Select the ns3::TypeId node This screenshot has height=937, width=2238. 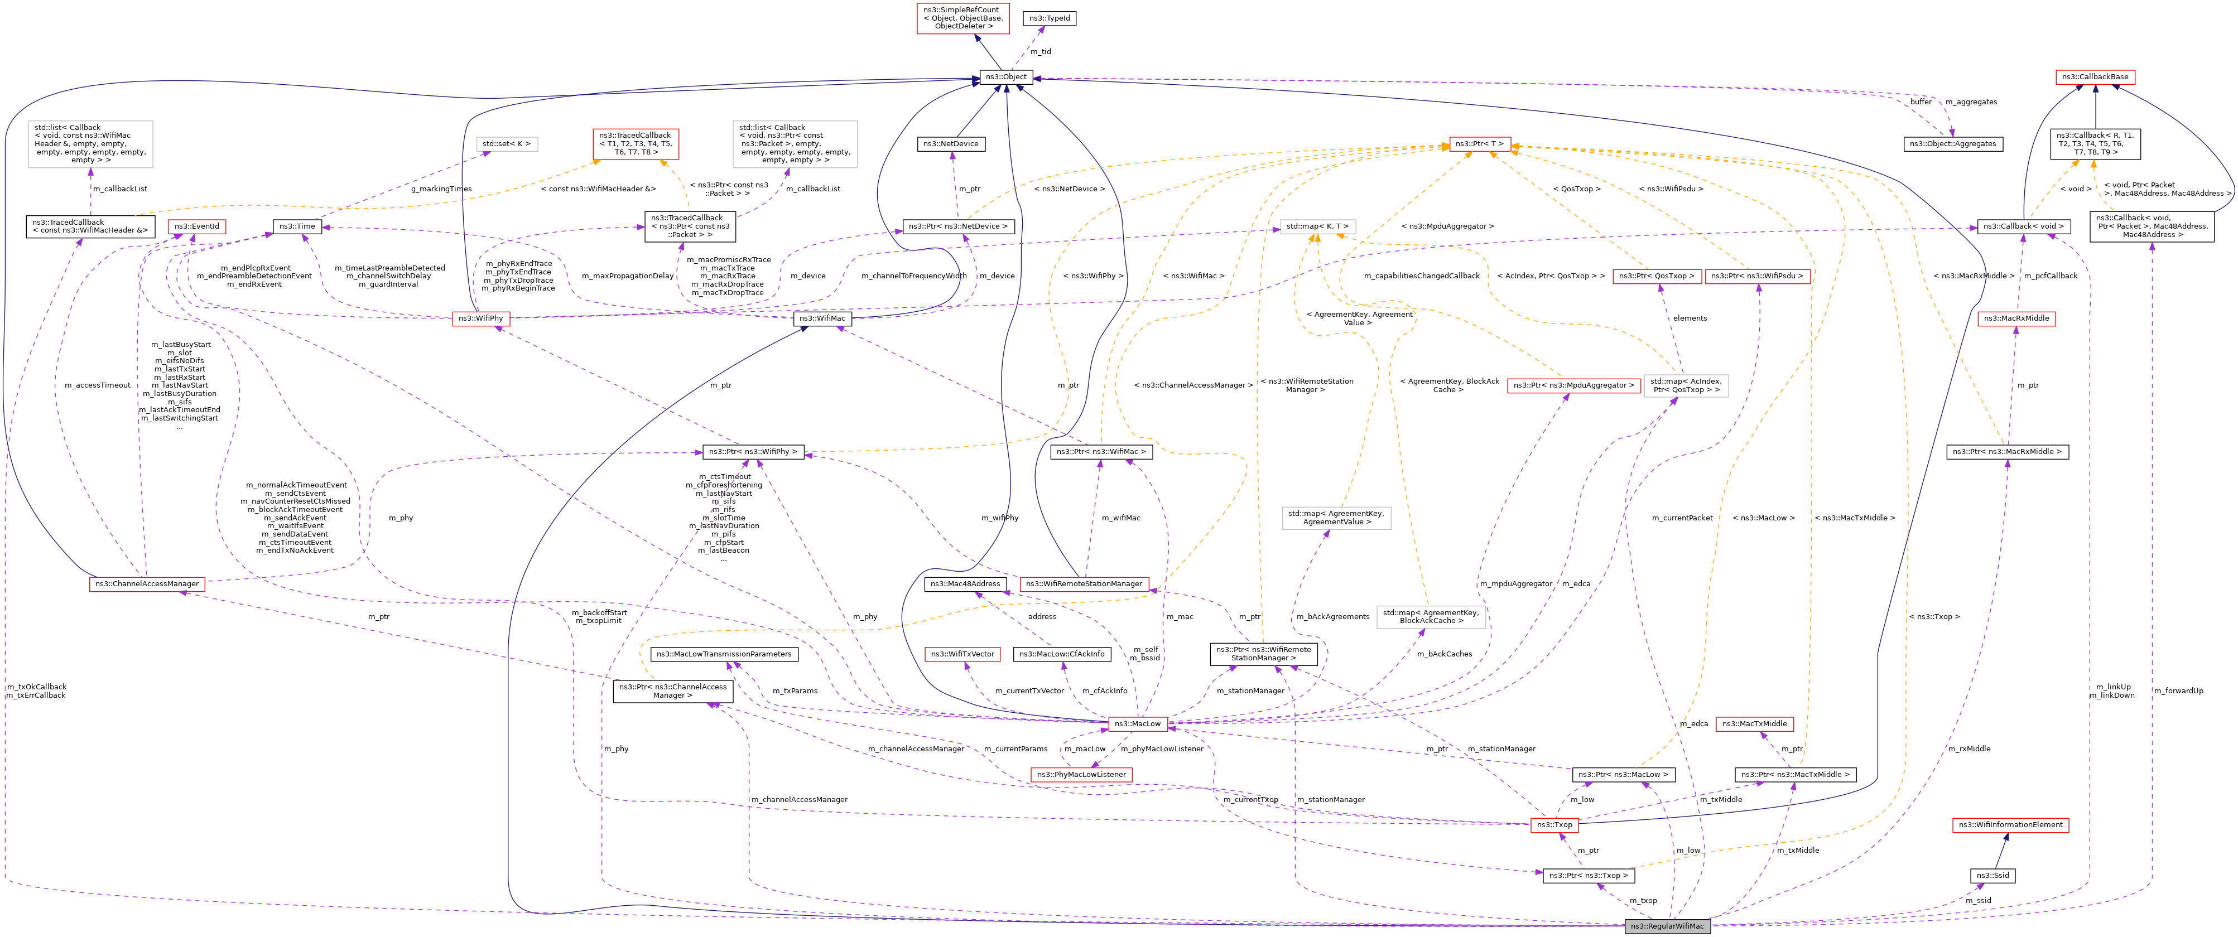(x=1050, y=18)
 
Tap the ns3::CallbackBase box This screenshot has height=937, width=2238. (x=2096, y=78)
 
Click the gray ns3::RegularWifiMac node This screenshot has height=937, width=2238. (x=1667, y=926)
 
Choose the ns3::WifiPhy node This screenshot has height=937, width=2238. (x=480, y=318)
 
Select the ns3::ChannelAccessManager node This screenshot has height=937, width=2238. (x=147, y=583)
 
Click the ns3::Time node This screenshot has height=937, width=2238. (x=297, y=226)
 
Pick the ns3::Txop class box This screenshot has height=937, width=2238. (x=1554, y=825)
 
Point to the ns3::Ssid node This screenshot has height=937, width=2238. (x=1992, y=875)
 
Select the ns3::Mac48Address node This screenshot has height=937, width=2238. (x=965, y=583)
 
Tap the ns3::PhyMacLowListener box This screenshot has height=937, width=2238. (x=1081, y=775)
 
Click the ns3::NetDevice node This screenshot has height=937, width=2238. (x=950, y=144)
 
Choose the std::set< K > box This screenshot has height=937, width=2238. (x=507, y=144)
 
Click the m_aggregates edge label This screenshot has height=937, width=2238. (x=1971, y=103)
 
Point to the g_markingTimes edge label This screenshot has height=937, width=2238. (x=441, y=189)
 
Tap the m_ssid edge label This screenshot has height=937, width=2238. (x=1978, y=901)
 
